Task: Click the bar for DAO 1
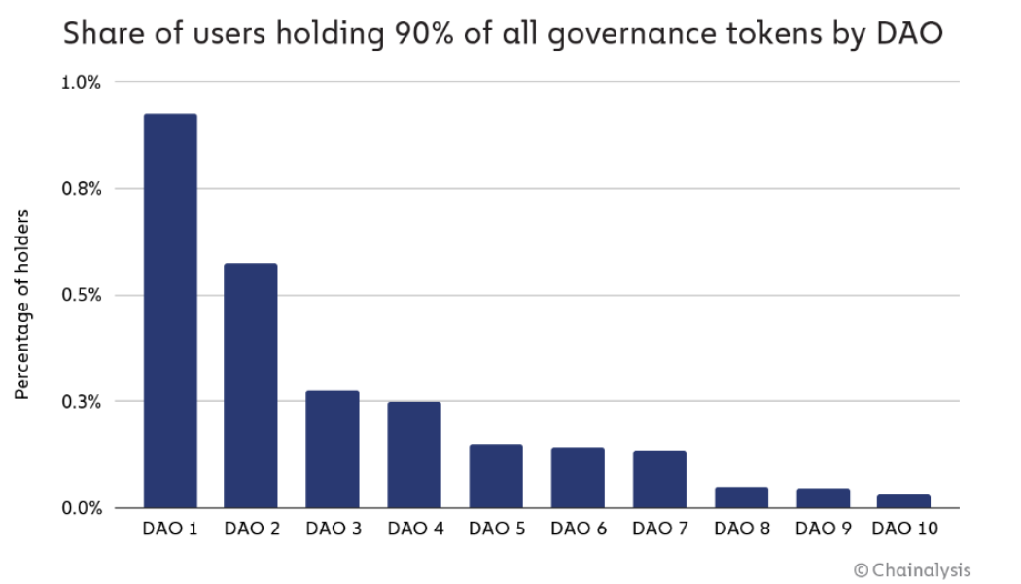(x=170, y=311)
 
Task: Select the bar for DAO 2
(x=251, y=385)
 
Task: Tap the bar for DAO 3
(x=333, y=450)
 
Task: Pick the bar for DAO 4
(x=414, y=455)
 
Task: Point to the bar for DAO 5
(x=496, y=476)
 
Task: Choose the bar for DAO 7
(x=659, y=479)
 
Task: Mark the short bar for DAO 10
(x=903, y=501)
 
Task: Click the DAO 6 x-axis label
(x=578, y=530)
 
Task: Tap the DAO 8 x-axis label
(x=741, y=530)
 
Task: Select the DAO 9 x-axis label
(x=823, y=530)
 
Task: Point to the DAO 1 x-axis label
(x=170, y=530)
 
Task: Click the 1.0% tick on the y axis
(x=82, y=82)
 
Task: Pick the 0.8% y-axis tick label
(x=82, y=189)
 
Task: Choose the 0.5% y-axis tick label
(x=82, y=295)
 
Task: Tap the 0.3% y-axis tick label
(x=82, y=401)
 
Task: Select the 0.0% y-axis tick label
(x=82, y=508)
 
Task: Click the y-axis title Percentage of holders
(x=22, y=304)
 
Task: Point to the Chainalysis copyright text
(x=911, y=569)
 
